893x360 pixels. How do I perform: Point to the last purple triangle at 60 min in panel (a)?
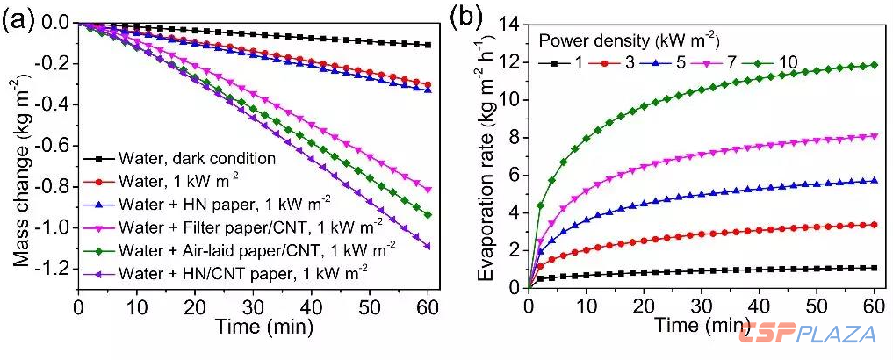(428, 246)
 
